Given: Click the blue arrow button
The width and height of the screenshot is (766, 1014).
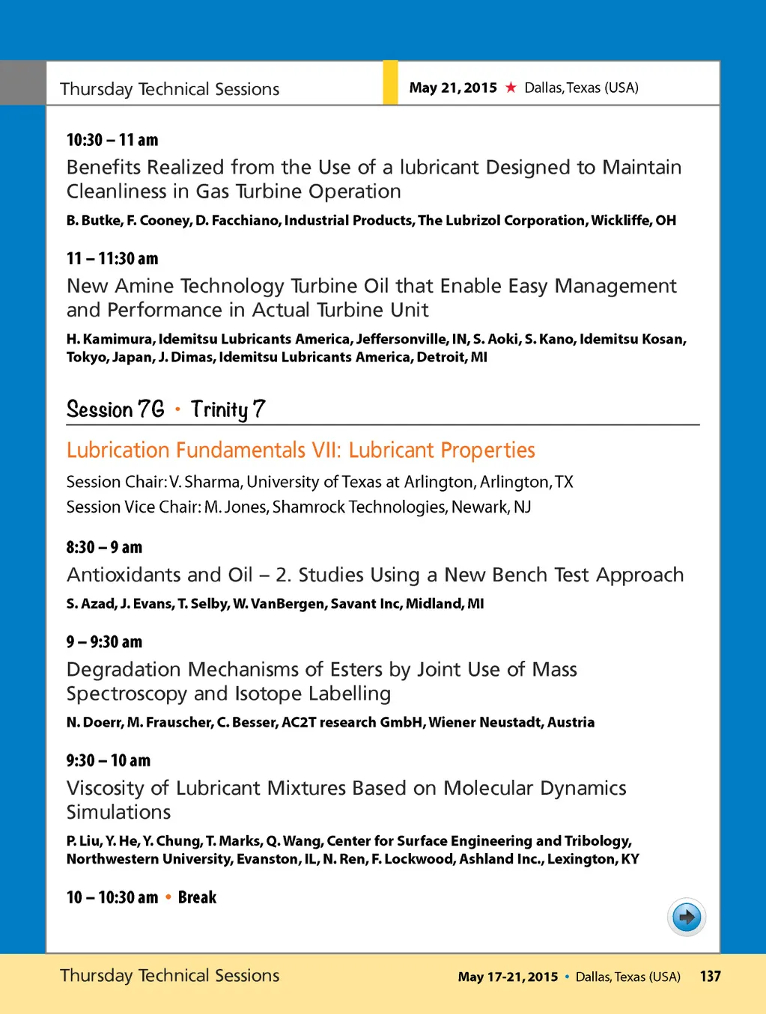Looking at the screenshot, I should pos(687,917).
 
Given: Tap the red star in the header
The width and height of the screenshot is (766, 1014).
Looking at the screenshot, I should pos(511,88).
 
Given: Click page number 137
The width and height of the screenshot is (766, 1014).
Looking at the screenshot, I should pos(710,976).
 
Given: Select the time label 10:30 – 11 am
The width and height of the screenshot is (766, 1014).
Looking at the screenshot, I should pos(112,140).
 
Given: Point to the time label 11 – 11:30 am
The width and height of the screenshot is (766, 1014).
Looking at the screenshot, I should pos(112,259).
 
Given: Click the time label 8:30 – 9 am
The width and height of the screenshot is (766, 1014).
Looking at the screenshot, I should pos(104,547).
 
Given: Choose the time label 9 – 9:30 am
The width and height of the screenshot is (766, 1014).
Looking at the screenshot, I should pos(104,642).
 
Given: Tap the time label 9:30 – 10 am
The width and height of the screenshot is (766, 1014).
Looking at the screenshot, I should pos(109,760).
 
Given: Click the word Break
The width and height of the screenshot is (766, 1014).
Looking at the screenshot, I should pos(197,897).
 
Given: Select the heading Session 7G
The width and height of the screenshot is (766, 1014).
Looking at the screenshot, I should pos(115,409).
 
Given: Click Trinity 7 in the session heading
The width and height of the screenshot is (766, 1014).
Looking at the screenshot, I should pos(228,409).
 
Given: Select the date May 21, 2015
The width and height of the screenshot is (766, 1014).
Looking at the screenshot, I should pos(453,88).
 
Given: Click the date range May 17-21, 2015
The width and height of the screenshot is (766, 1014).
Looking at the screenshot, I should pos(508,977).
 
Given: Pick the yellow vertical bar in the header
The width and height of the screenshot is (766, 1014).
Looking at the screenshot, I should pos(390,82).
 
